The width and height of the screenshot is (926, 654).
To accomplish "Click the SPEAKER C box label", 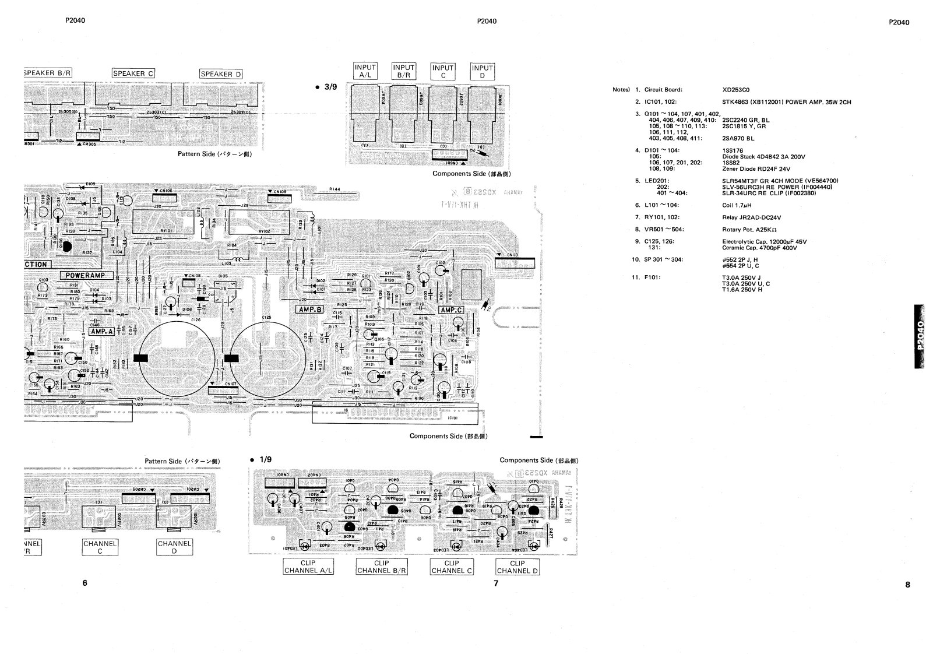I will [133, 73].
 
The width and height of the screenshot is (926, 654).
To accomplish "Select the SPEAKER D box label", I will [221, 74].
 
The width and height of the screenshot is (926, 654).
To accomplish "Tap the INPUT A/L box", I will [365, 71].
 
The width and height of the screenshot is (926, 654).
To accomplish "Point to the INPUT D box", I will [482, 71].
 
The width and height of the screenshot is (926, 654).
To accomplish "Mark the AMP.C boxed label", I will [451, 310].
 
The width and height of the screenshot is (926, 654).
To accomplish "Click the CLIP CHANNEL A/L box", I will [308, 567].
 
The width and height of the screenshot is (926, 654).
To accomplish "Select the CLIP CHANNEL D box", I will [517, 567].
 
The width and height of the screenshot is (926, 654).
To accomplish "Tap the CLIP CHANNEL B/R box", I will [381, 567].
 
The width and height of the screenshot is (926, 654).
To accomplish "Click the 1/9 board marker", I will [260, 460].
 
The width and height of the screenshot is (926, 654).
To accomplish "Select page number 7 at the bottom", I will [496, 583].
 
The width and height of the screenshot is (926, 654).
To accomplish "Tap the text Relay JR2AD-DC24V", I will [751, 217].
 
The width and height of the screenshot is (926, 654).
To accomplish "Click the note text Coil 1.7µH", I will [736, 205].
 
